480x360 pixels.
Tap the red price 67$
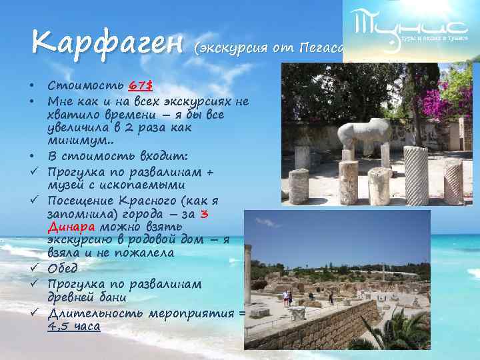141,86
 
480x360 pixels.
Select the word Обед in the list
62,268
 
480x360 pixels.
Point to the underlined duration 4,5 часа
74,327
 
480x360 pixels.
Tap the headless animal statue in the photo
363,133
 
